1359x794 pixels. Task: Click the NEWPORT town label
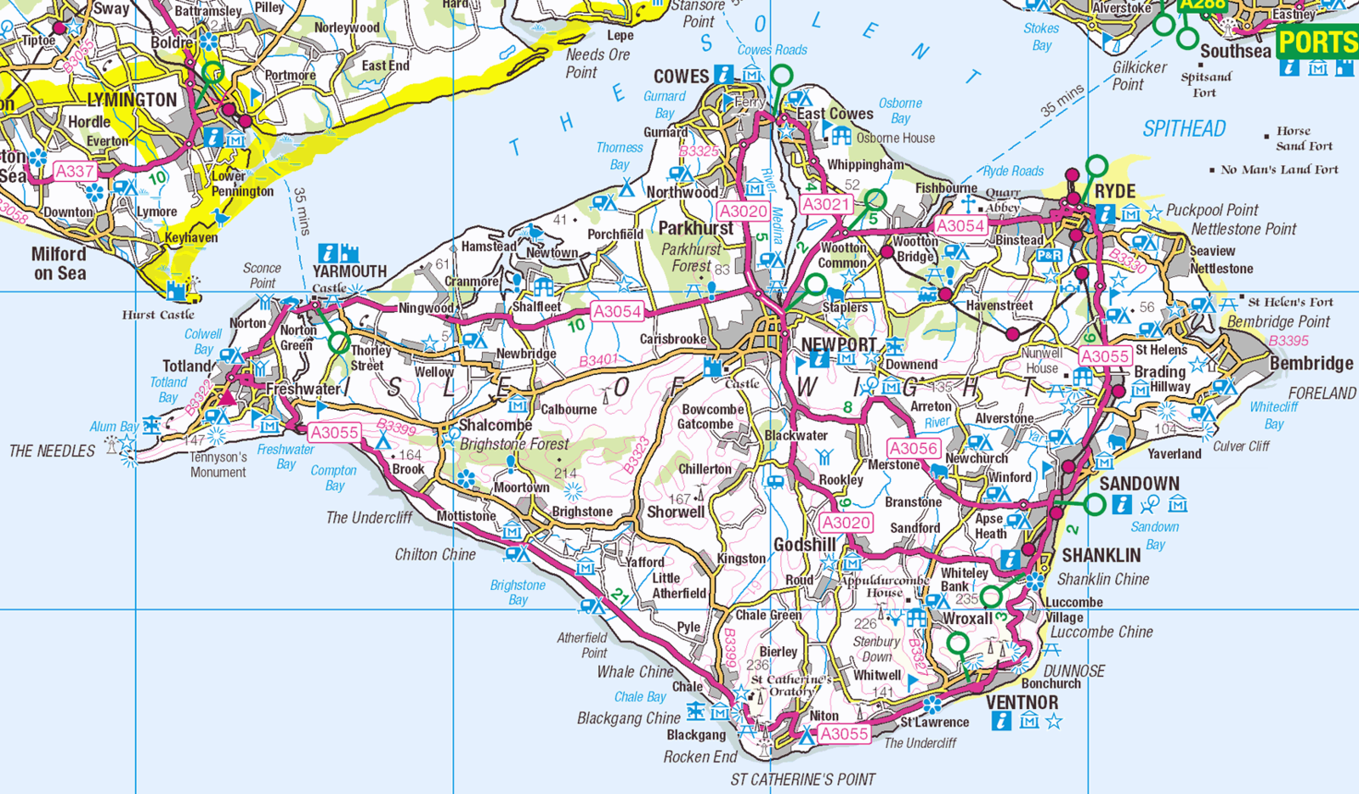pyautogui.click(x=839, y=344)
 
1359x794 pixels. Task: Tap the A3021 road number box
pyautogui.click(x=825, y=204)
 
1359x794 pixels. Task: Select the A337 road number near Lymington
pyautogui.click(x=74, y=172)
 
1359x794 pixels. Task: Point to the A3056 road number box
pyautogui.click(x=913, y=448)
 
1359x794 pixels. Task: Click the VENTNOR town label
pyautogui.click(x=1022, y=703)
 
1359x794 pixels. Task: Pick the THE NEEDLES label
pyautogui.click(x=52, y=451)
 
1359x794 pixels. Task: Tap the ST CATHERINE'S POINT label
pyautogui.click(x=802, y=779)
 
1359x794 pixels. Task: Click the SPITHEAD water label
pyautogui.click(x=1184, y=129)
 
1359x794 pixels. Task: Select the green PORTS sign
pyautogui.click(x=1317, y=42)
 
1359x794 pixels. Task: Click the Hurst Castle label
pyautogui.click(x=158, y=315)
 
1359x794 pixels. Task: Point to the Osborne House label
pyautogui.click(x=895, y=138)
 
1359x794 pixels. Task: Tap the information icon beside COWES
pyautogui.click(x=723, y=75)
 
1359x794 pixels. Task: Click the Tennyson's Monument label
pyautogui.click(x=218, y=465)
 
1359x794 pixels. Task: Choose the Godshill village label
pyautogui.click(x=804, y=544)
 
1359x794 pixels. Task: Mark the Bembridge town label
pyautogui.click(x=1311, y=364)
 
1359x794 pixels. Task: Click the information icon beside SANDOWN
pyautogui.click(x=1122, y=505)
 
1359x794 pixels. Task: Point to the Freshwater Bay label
pyautogui.click(x=286, y=457)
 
